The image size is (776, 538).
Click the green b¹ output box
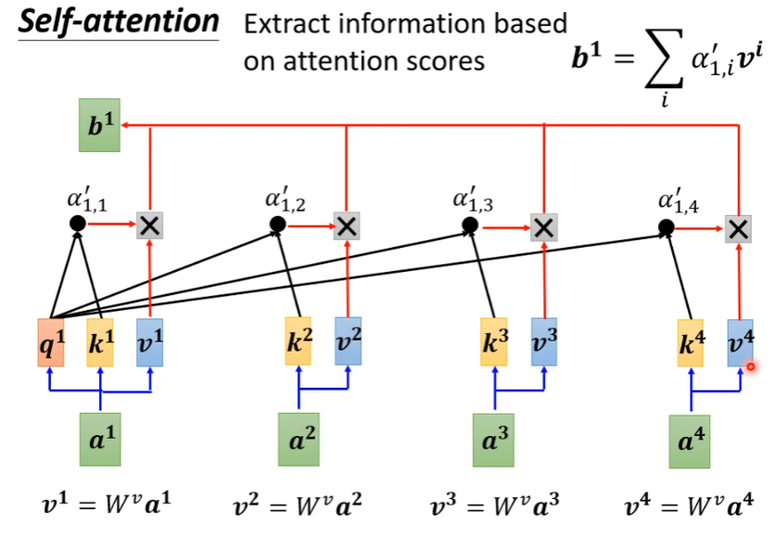[99, 127]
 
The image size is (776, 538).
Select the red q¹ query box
[52, 340]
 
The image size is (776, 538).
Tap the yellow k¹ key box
[100, 340]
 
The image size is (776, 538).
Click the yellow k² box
[298, 340]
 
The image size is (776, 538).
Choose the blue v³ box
[544, 340]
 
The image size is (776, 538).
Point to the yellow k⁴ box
[692, 340]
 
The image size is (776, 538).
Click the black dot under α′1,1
[78, 224]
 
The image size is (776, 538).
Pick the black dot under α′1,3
[471, 225]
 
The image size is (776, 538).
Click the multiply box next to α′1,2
[346, 225]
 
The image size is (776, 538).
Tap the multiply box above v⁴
[739, 228]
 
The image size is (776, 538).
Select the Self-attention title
[117, 23]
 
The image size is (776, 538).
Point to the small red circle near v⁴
[750, 366]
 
